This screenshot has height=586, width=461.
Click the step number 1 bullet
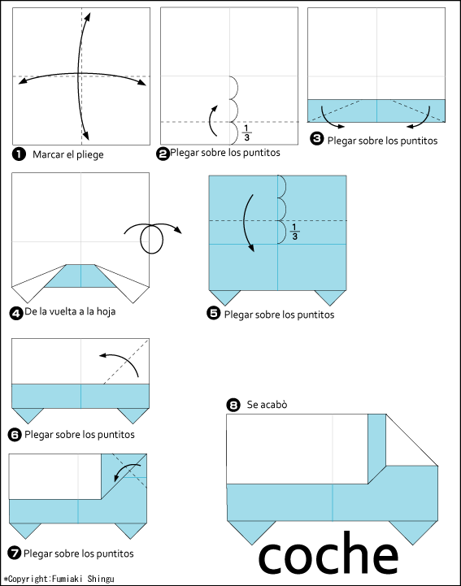tap(19, 154)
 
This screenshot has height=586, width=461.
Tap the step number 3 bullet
tap(316, 139)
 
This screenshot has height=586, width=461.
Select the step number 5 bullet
tap(214, 313)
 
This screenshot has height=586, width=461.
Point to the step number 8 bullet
tap(233, 405)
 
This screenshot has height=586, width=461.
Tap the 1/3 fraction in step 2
tap(246, 133)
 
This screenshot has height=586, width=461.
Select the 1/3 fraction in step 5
tap(294, 232)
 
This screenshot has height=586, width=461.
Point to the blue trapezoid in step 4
tap(80, 276)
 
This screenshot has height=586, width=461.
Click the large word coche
tap(328, 553)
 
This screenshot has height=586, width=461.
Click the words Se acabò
tap(267, 405)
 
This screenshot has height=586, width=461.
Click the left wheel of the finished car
tap(251, 530)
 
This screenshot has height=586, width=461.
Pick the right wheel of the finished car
tap(413, 530)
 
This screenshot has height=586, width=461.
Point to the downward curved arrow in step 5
tap(247, 224)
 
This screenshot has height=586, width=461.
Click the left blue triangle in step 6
tap(28, 414)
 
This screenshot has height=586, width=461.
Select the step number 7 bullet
tap(14, 553)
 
